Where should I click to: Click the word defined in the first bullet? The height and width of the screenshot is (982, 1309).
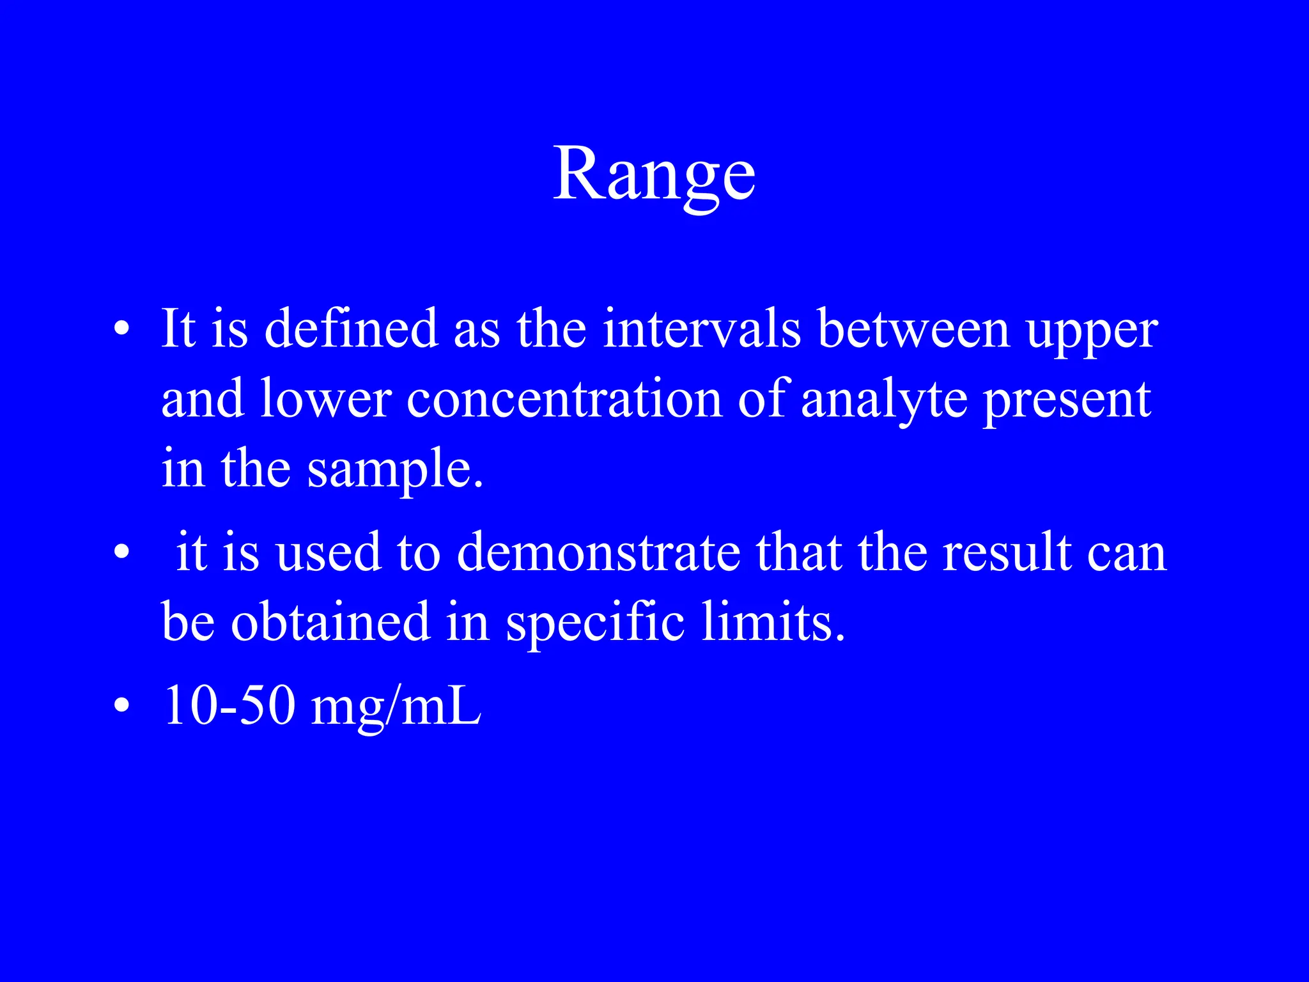click(x=351, y=329)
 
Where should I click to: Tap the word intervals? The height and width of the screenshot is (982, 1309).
click(x=701, y=329)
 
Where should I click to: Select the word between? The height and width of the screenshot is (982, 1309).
click(x=913, y=329)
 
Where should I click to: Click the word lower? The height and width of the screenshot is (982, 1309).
click(x=325, y=399)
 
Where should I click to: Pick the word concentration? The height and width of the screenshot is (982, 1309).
click(x=564, y=399)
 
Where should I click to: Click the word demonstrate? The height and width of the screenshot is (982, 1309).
click(x=598, y=552)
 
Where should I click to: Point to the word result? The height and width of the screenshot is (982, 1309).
click(x=1007, y=552)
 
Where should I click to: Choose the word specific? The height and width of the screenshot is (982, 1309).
click(x=595, y=624)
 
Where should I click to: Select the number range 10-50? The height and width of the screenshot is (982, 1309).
click(x=229, y=706)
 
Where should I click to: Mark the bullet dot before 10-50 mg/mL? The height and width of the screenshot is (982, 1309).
click(x=121, y=706)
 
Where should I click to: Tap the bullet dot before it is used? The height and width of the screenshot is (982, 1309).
click(x=121, y=554)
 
